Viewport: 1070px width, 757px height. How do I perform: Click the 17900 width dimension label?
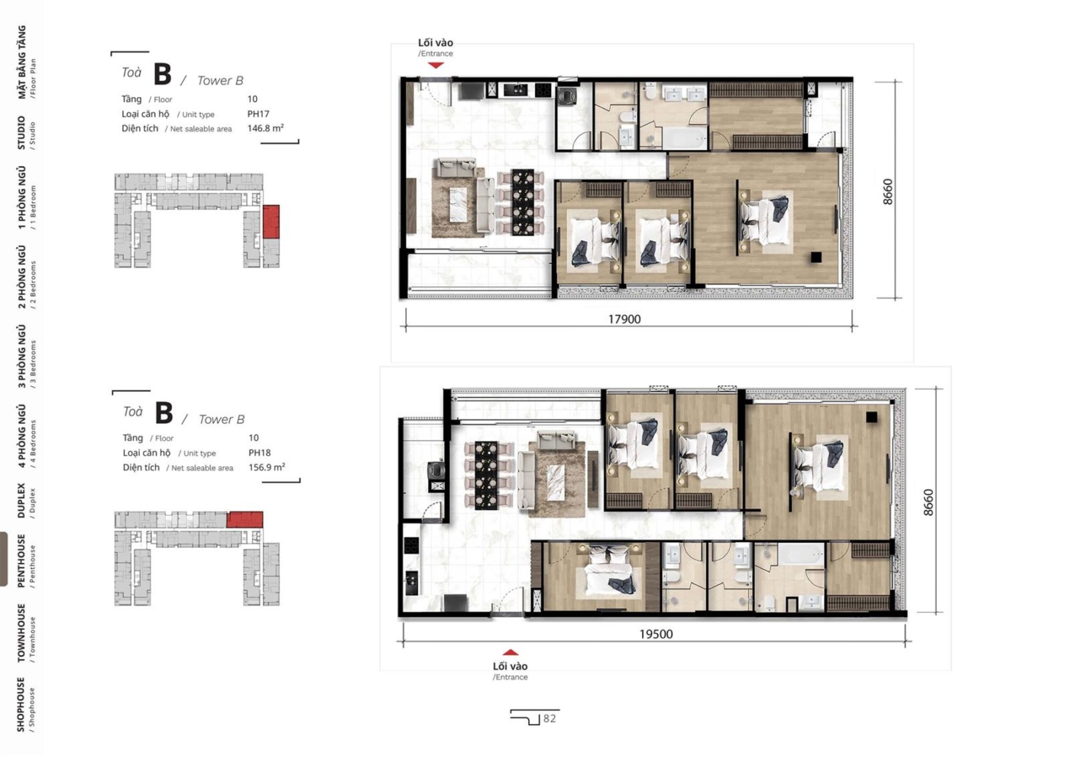(x=624, y=319)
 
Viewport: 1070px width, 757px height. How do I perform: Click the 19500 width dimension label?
(x=656, y=634)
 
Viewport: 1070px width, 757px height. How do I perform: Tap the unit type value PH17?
(x=258, y=114)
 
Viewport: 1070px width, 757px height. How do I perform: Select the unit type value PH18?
(x=259, y=453)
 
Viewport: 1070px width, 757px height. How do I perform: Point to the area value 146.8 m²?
(x=266, y=128)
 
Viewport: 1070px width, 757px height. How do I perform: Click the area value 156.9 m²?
(x=267, y=467)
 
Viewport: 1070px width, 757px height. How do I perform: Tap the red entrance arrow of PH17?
(x=436, y=65)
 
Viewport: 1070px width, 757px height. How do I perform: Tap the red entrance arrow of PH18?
(x=511, y=652)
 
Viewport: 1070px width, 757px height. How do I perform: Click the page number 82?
(x=550, y=719)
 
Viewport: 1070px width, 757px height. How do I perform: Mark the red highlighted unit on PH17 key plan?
(x=271, y=221)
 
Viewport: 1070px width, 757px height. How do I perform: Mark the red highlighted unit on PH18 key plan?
(x=245, y=519)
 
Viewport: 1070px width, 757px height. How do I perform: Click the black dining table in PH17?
(x=523, y=202)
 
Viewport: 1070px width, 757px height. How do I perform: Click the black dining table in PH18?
(x=486, y=475)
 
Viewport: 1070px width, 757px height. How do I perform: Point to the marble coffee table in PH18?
(x=556, y=482)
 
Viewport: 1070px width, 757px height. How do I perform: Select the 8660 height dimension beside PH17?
(x=887, y=192)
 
